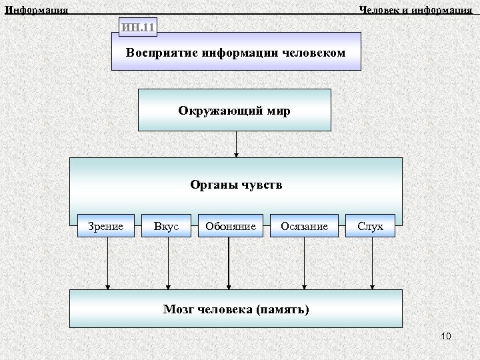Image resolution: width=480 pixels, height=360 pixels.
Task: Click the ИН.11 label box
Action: [138, 27]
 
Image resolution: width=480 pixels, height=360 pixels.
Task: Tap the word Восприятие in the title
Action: [159, 52]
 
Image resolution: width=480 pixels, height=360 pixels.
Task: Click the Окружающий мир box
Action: [234, 109]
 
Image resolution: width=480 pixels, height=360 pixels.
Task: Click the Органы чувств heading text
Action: [236, 185]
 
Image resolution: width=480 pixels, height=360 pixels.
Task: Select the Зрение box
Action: [106, 227]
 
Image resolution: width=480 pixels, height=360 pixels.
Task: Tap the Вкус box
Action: [166, 227]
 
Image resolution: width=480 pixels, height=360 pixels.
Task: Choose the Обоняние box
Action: [231, 227]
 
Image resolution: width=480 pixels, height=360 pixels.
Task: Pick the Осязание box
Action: [305, 227]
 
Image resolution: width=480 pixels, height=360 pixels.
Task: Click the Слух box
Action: [370, 227]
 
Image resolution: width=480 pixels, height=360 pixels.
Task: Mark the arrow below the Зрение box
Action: [107, 264]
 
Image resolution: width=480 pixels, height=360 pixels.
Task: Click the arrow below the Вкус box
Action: [168, 264]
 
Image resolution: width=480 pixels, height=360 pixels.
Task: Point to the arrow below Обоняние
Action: [229, 264]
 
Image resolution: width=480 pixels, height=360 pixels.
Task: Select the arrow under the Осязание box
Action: [304, 264]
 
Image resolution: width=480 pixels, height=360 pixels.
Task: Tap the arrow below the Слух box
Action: [372, 264]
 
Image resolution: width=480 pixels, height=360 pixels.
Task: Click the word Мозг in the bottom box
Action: [179, 309]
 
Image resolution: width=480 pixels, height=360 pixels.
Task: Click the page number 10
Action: [446, 336]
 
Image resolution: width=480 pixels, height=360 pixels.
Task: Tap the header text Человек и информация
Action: [415, 9]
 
